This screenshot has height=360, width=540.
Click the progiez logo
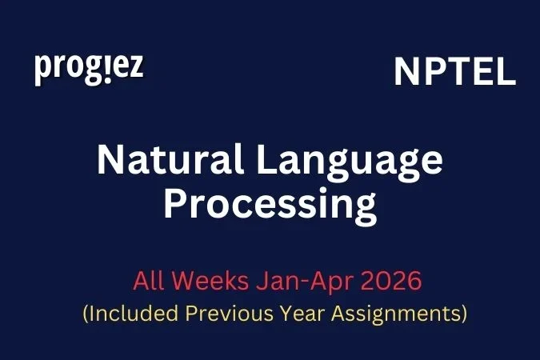click(89, 70)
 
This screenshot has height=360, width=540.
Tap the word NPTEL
click(454, 74)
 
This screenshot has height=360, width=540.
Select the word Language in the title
click(357, 162)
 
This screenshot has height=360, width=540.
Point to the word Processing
click(270, 206)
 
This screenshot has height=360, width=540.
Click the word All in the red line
click(148, 282)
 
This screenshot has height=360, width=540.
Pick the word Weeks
click(210, 282)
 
